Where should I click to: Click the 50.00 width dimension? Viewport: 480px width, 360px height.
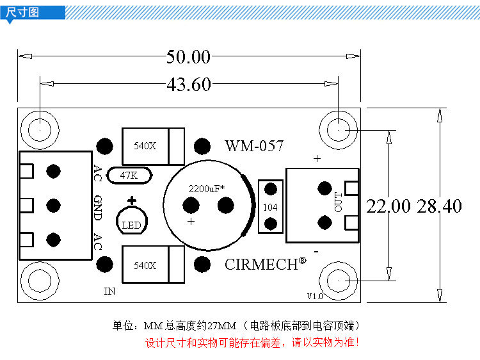coord(188,57)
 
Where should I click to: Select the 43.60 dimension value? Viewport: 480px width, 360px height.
coord(188,84)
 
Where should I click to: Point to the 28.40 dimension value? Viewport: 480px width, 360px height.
coord(439,206)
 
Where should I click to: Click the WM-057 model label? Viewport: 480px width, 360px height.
coord(253,146)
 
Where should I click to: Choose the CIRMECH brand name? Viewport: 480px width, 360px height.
coord(261,264)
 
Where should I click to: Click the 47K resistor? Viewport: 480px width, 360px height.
coord(131,175)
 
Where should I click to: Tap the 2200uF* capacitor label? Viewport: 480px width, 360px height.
coord(205,189)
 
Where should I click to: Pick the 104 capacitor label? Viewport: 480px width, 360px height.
coord(270,207)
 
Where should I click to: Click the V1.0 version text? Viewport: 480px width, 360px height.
coord(315,296)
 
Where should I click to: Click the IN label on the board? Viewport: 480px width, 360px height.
coord(109,291)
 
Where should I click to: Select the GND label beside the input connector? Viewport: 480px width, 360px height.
coord(98,208)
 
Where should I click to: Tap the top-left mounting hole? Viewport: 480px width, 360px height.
coord(40,128)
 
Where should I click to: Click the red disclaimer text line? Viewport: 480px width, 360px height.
coord(252,343)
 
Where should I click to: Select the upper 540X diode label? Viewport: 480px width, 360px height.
coord(145,145)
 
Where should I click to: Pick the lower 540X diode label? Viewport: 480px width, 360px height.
coord(145,265)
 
